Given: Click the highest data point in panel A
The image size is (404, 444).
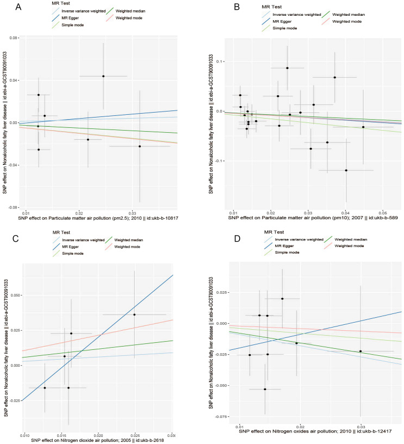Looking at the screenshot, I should pos(103,76).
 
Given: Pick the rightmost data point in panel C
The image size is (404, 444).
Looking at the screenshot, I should pos(134,314).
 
